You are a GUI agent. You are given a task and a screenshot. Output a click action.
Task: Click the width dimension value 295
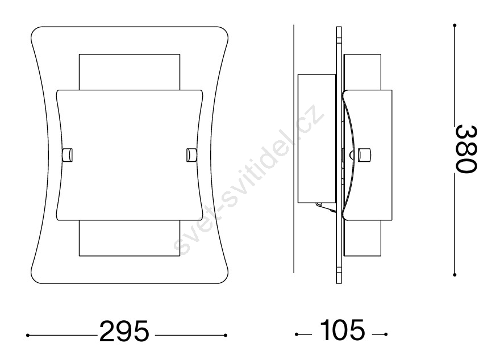pyautogui.click(x=124, y=331)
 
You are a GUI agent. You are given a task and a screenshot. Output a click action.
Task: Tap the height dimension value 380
pyautogui.click(x=466, y=149)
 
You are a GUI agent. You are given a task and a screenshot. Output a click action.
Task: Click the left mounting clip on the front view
pyautogui.click(x=68, y=155)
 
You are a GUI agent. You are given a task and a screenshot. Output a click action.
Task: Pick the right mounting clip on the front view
pyautogui.click(x=191, y=155)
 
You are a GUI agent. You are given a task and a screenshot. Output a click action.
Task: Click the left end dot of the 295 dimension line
pyautogui.click(x=28, y=336)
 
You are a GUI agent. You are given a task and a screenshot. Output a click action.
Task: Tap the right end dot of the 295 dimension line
pyautogui.click(x=225, y=336)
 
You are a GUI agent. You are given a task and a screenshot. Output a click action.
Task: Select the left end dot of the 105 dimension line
pyautogui.click(x=297, y=334)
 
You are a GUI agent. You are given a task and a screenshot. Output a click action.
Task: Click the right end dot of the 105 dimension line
pyautogui.click(x=386, y=334)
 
